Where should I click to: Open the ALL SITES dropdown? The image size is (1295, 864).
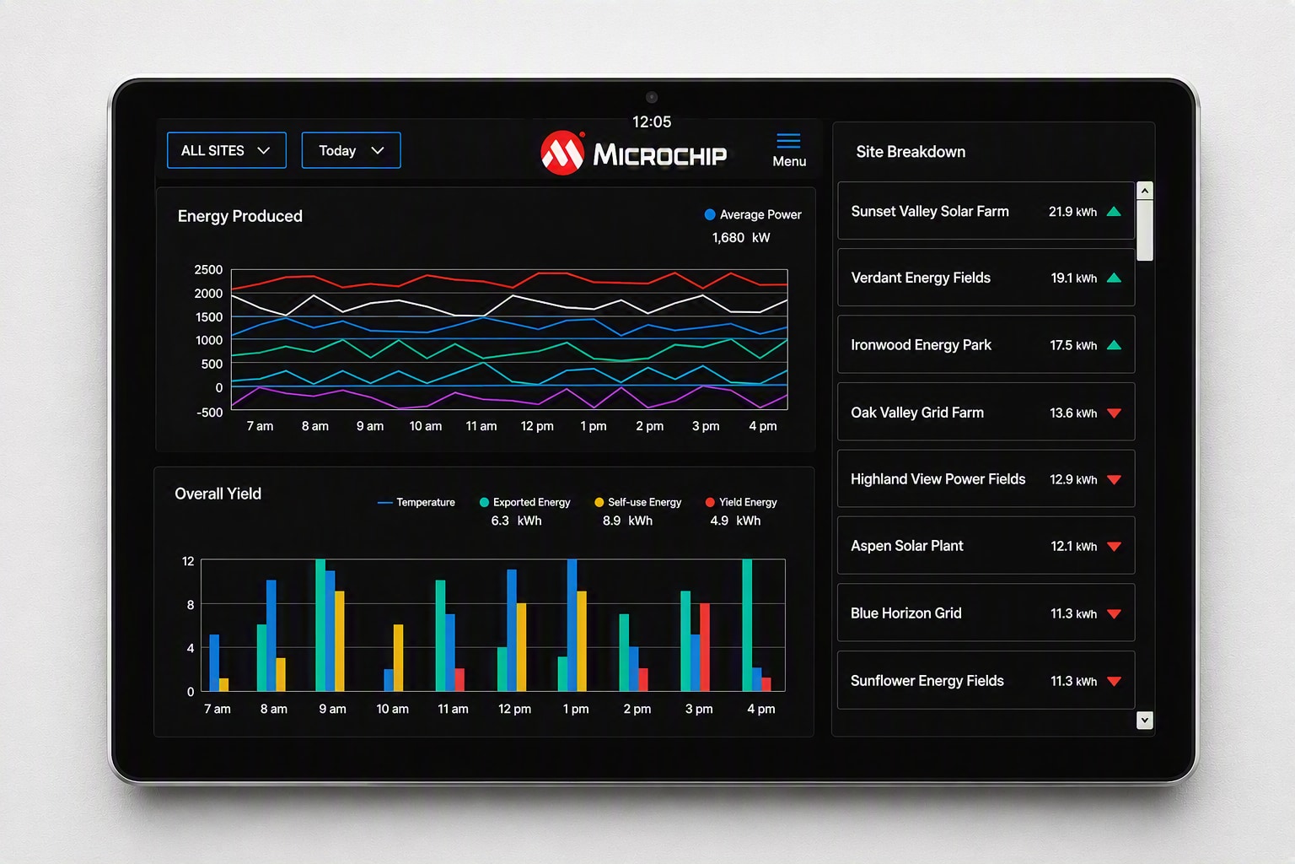(x=227, y=150)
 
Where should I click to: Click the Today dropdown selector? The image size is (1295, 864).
(x=351, y=150)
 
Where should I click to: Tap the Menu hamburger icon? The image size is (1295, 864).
(x=788, y=141)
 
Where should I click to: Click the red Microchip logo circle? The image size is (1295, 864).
(x=562, y=154)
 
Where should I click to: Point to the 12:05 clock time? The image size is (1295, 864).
(x=652, y=122)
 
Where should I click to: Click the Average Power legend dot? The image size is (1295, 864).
(x=710, y=214)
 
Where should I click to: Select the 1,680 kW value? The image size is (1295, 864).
(x=741, y=238)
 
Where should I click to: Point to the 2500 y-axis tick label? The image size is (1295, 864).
(x=208, y=270)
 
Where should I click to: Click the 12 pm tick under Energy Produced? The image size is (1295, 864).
(x=537, y=426)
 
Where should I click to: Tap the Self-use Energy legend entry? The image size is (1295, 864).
(x=638, y=502)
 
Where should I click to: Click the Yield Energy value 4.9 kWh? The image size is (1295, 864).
(x=735, y=521)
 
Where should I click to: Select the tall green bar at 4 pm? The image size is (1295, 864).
(x=747, y=625)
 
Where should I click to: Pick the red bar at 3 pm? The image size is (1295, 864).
(x=705, y=647)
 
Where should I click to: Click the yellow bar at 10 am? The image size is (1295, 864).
(x=398, y=657)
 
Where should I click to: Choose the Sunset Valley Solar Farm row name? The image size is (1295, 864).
(x=930, y=212)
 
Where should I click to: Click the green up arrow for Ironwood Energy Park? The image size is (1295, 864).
(x=1114, y=345)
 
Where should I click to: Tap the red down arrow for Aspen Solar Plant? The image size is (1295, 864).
(x=1114, y=546)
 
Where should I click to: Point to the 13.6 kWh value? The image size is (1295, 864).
(x=1073, y=413)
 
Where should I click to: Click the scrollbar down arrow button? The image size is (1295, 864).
(x=1145, y=721)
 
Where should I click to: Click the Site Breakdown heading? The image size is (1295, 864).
(x=911, y=152)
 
